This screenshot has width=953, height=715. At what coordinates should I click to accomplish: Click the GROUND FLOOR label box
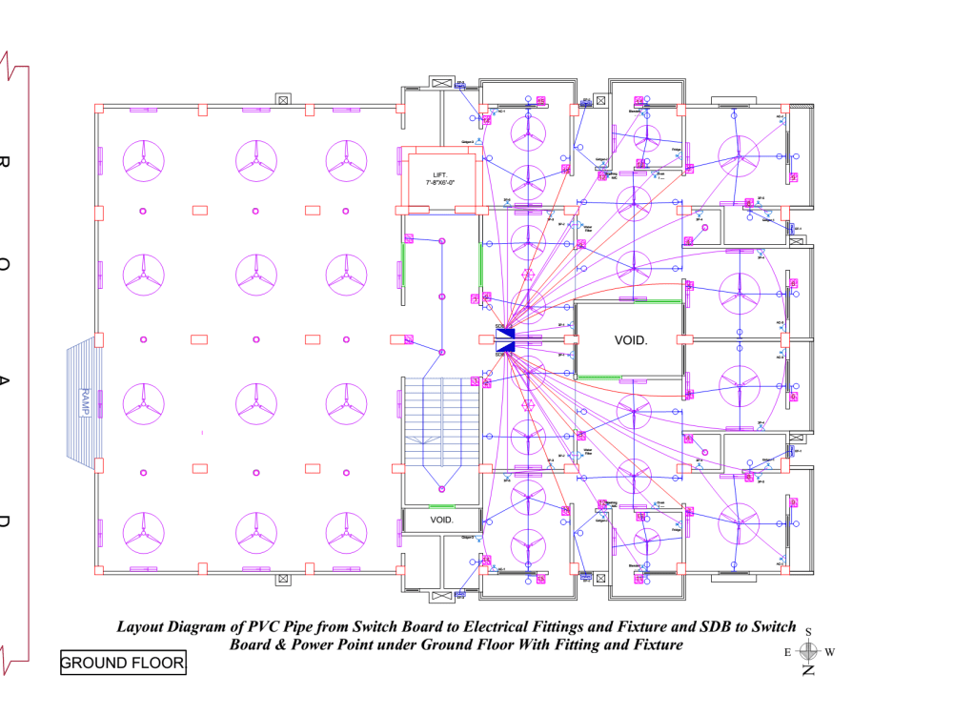point(122,663)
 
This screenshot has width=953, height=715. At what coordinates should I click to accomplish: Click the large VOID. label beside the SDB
point(630,338)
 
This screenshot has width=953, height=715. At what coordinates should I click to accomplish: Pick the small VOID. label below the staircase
point(441,521)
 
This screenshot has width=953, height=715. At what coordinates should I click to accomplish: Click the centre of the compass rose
point(808,651)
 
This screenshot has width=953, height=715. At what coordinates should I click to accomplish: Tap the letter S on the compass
point(808,632)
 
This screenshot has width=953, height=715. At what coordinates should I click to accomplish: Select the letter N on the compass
point(808,671)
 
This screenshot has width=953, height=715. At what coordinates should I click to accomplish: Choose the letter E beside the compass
point(787,652)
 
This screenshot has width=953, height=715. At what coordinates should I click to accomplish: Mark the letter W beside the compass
point(829,652)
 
